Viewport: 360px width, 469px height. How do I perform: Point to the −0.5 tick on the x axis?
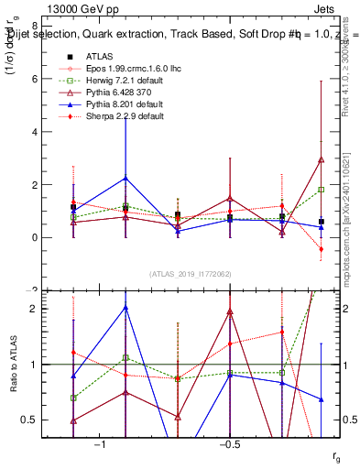pyautogui.click(x=229, y=445)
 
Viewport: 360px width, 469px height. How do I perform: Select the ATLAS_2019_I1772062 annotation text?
pyautogui.click(x=190, y=274)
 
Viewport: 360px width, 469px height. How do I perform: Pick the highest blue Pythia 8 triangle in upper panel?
pyautogui.click(x=125, y=178)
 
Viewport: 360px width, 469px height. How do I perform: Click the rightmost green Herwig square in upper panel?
pyautogui.click(x=321, y=190)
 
